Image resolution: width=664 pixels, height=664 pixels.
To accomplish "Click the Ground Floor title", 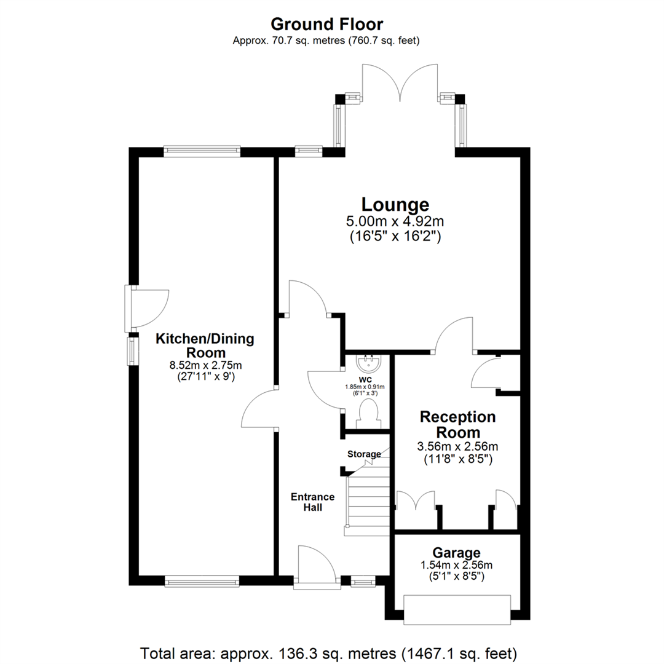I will [x=326, y=24].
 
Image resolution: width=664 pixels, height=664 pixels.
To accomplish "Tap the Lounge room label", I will [x=395, y=204].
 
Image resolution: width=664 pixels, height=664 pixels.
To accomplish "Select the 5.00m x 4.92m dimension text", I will [x=395, y=222].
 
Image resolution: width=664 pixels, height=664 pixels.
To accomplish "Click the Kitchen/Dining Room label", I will [x=204, y=346].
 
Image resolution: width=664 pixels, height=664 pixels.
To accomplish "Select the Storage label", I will [x=364, y=454].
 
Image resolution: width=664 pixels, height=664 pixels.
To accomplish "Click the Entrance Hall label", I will [x=313, y=502].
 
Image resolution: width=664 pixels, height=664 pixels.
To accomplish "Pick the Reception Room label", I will [x=457, y=424].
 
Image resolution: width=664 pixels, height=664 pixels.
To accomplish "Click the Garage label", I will [x=456, y=553].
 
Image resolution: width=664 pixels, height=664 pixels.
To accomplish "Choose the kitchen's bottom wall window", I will [x=201, y=580].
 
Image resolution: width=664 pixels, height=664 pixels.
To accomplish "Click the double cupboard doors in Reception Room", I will [x=417, y=501].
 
